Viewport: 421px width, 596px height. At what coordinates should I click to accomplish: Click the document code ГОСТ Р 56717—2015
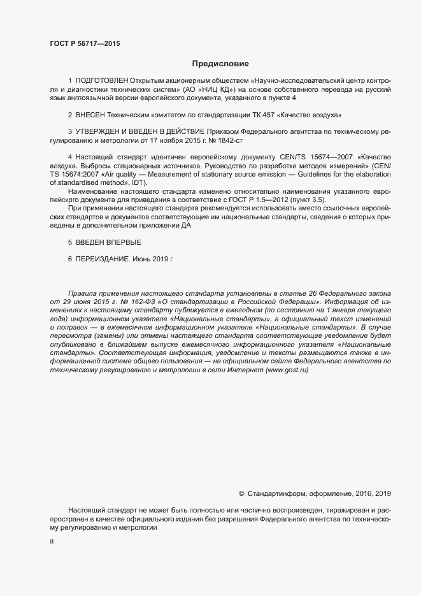tap(84, 43)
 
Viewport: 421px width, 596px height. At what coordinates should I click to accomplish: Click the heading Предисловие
tap(220, 64)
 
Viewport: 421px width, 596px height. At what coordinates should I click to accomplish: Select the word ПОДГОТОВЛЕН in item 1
tap(102, 81)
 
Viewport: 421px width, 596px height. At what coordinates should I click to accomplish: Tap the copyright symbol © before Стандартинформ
tap(241, 493)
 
